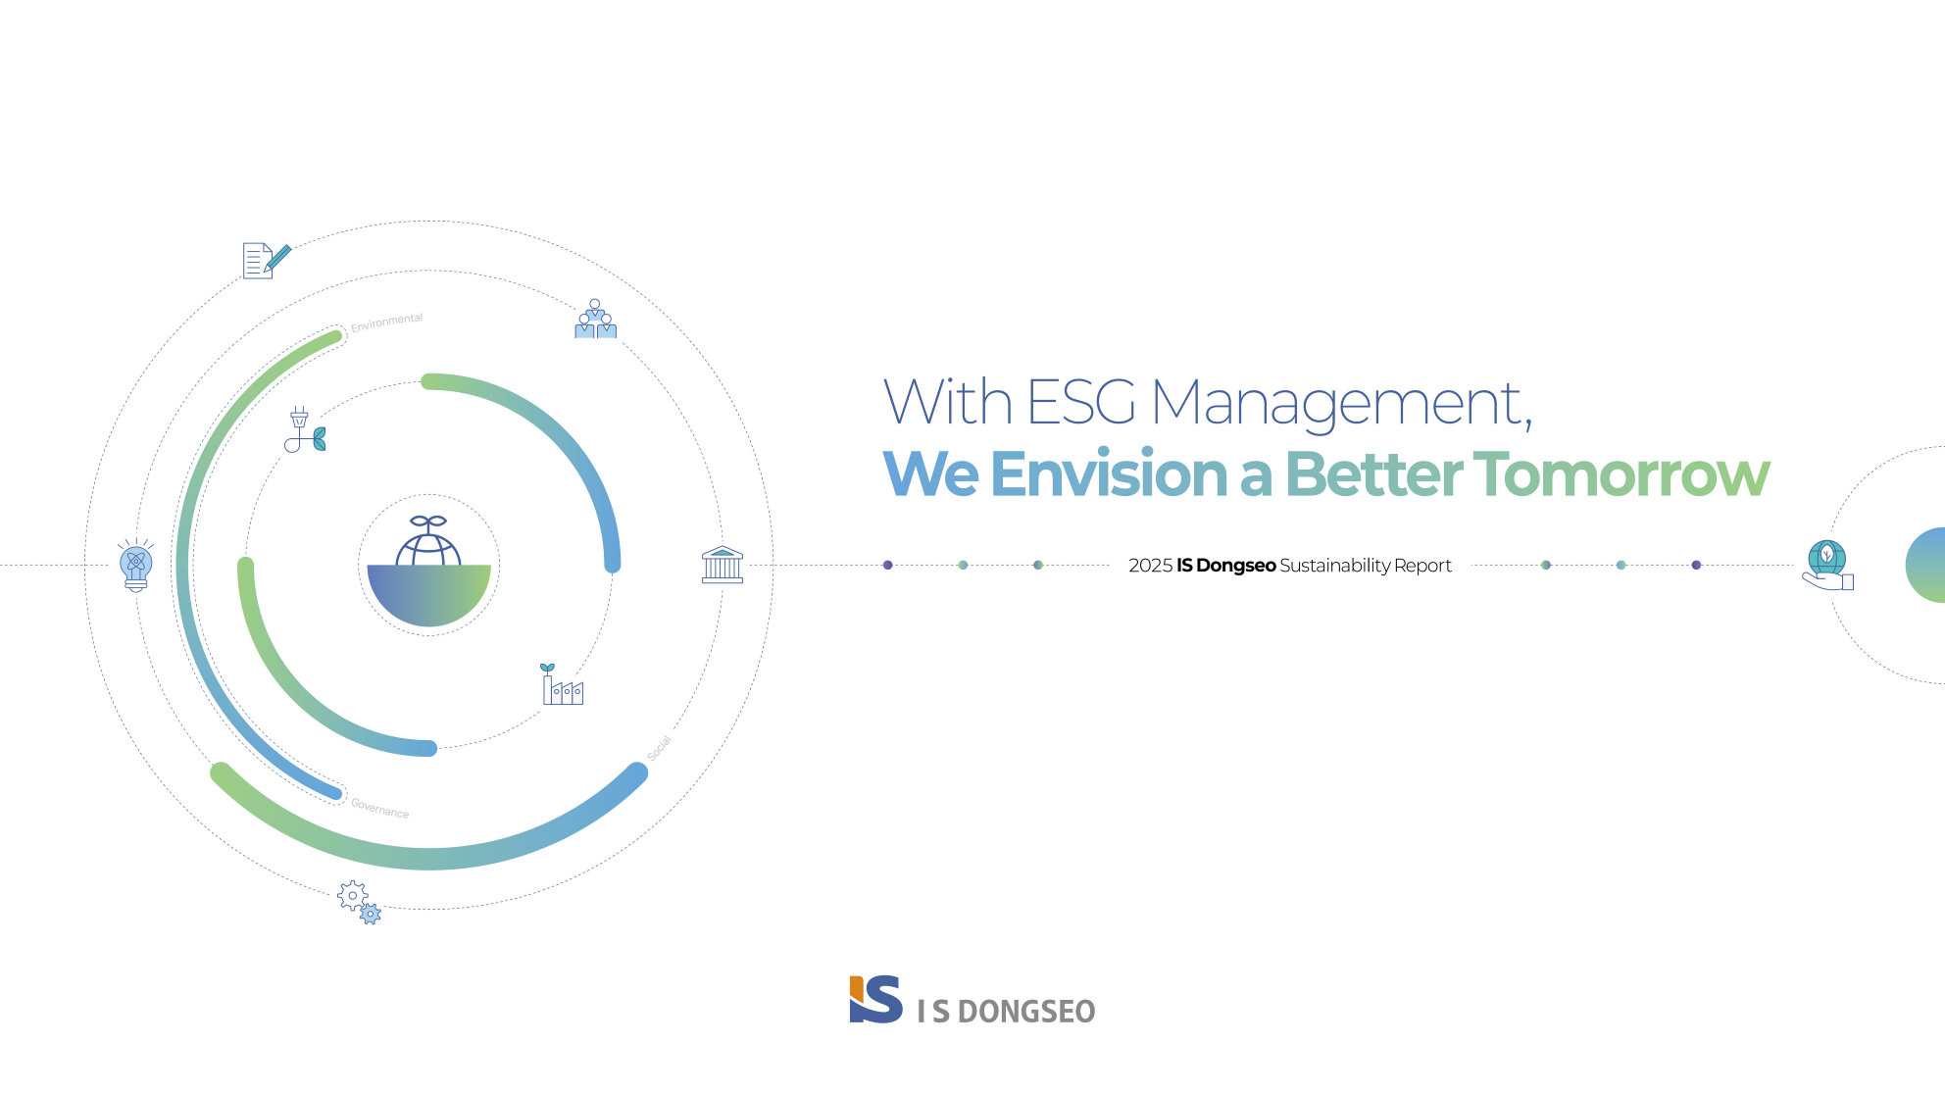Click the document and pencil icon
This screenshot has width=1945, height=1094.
(x=267, y=261)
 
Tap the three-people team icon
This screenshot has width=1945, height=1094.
(x=595, y=319)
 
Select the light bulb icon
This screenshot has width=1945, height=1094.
(x=136, y=565)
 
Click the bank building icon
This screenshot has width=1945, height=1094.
(x=723, y=565)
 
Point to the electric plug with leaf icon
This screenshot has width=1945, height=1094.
(x=305, y=430)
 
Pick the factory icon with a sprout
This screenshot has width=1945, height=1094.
(x=562, y=684)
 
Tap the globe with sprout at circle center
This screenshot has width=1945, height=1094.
(x=428, y=572)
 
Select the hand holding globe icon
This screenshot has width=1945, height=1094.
(x=1827, y=565)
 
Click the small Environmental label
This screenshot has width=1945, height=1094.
(x=386, y=323)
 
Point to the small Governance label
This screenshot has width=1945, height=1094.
(x=380, y=809)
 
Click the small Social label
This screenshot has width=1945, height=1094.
(x=659, y=748)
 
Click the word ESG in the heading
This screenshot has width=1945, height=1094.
(x=1080, y=402)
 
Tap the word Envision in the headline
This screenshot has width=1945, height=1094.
(x=1109, y=474)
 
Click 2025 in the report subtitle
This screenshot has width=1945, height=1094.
(x=1150, y=566)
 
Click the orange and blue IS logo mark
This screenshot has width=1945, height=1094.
(x=875, y=1000)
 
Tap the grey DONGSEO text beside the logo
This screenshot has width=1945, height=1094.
(x=1025, y=1012)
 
